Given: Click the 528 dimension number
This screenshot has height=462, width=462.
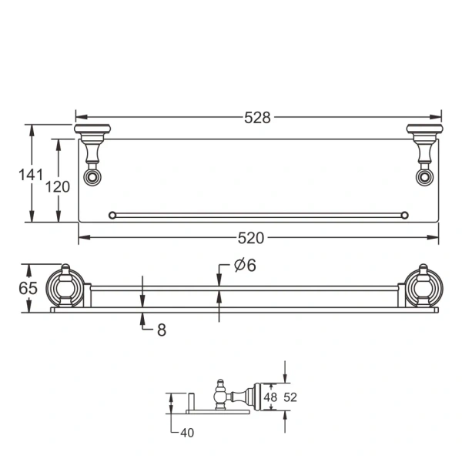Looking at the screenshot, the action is [x=257, y=118].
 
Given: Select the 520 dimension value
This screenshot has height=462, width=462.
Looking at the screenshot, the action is [x=251, y=238].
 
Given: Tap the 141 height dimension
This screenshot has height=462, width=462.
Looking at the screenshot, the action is [x=31, y=175].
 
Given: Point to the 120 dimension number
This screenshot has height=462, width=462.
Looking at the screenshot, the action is [x=58, y=187].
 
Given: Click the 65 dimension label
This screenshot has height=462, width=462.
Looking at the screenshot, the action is [x=28, y=288].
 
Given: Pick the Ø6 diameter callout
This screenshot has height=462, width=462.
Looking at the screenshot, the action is [x=245, y=265].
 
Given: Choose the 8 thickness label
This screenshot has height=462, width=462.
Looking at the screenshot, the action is [x=162, y=330].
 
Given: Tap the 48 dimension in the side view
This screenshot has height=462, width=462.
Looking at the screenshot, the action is [x=270, y=397].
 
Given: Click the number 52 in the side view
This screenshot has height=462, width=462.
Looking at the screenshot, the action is [x=290, y=397].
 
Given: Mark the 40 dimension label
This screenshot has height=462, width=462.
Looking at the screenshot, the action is [x=187, y=433].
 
